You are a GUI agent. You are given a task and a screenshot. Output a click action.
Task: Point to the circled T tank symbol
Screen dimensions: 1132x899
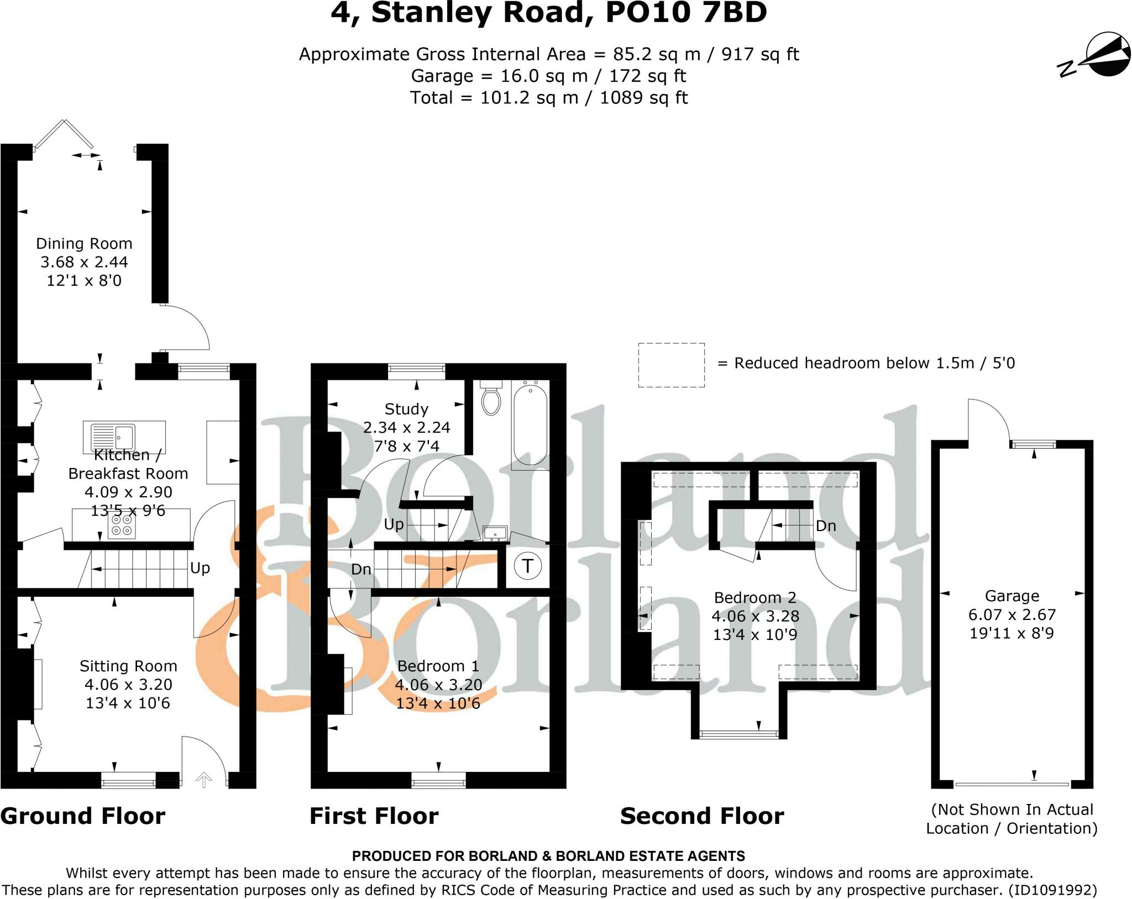click(x=527, y=566)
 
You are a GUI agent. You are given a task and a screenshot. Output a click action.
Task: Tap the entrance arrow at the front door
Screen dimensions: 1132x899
click(x=204, y=780)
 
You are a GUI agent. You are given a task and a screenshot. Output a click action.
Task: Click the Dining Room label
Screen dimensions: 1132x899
click(x=84, y=243)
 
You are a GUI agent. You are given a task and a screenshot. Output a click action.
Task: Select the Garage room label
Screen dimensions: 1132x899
click(x=1012, y=596)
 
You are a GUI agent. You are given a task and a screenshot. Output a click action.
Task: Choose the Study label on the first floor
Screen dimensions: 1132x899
click(x=406, y=409)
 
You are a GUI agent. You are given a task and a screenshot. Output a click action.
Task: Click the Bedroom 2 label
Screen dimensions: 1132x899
click(x=755, y=597)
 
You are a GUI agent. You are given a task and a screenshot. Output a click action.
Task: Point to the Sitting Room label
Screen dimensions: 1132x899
click(x=128, y=666)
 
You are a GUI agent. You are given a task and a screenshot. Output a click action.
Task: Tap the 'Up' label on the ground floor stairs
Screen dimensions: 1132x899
click(x=200, y=569)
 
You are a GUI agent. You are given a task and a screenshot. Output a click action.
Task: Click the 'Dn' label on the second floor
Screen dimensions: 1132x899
click(x=826, y=526)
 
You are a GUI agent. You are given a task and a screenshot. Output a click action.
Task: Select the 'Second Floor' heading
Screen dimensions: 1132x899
click(x=702, y=816)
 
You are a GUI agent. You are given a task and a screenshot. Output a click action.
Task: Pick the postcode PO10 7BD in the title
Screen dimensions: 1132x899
click(x=686, y=13)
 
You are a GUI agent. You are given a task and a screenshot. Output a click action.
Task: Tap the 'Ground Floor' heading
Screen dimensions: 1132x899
click(x=83, y=816)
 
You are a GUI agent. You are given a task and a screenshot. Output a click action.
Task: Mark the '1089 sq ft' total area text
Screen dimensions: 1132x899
click(x=644, y=98)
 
